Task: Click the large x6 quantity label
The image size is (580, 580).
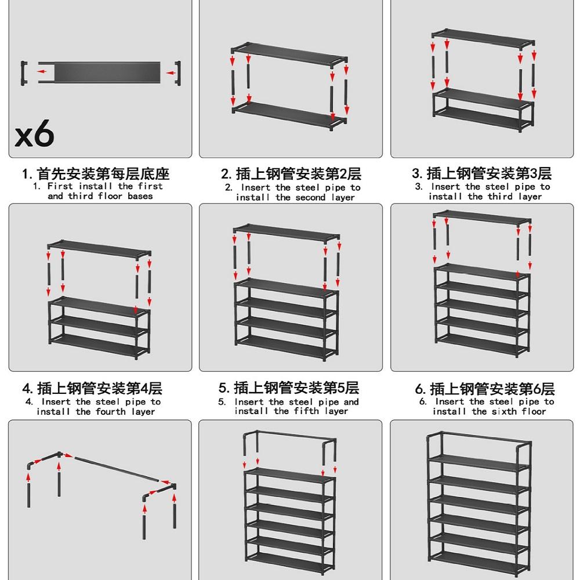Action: click(x=34, y=134)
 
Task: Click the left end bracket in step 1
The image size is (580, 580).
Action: click(x=24, y=73)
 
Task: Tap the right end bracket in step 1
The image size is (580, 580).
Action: click(x=178, y=73)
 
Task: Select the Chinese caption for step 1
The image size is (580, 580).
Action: click(x=96, y=173)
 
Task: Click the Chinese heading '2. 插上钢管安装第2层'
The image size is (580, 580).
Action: click(x=291, y=173)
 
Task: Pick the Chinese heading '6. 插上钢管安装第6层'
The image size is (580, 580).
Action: click(x=485, y=388)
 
